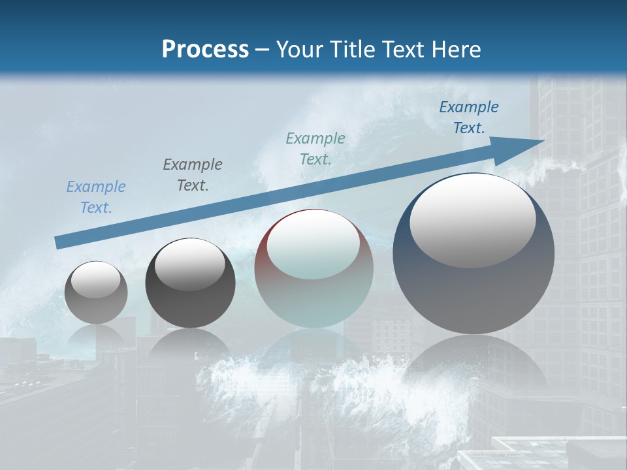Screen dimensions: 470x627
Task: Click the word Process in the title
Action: pyautogui.click(x=205, y=49)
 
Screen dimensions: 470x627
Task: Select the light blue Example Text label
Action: pyautogui.click(x=96, y=197)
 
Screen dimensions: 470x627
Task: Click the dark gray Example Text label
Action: pyautogui.click(x=193, y=175)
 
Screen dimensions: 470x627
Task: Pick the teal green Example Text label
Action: pyautogui.click(x=315, y=149)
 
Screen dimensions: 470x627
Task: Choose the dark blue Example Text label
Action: pyautogui.click(x=468, y=117)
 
